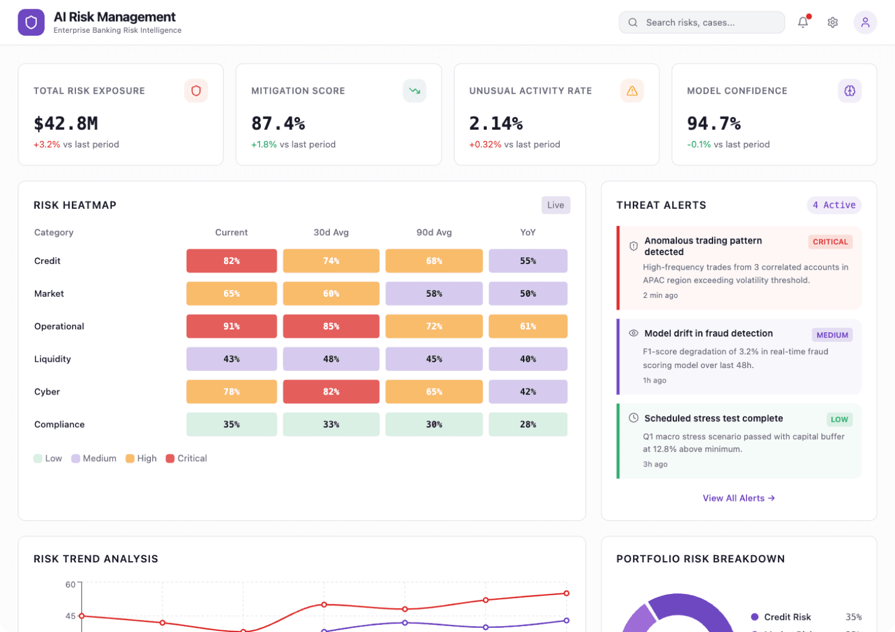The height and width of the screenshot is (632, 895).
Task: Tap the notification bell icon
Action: [803, 22]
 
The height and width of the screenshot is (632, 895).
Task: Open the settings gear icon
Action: [832, 22]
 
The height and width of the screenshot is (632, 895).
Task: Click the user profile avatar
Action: [865, 22]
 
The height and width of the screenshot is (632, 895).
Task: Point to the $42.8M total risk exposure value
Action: [66, 123]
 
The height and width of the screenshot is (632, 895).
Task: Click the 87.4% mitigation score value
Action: [278, 123]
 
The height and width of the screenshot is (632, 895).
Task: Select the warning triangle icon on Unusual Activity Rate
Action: [632, 91]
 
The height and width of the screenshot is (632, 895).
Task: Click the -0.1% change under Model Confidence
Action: [699, 145]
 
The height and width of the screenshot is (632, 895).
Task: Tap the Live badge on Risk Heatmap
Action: [555, 205]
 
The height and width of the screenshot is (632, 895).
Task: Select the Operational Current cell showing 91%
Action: [232, 326]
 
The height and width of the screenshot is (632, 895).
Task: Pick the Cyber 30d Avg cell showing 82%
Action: [331, 391]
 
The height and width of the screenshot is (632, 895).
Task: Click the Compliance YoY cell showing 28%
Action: [528, 424]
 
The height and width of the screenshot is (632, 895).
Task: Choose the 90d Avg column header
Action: [433, 232]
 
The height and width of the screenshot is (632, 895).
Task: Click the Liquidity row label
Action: [53, 359]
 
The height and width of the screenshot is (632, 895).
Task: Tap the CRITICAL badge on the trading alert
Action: [829, 242]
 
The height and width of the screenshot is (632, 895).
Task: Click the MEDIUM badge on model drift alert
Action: [832, 335]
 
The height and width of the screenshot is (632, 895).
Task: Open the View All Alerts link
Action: [738, 498]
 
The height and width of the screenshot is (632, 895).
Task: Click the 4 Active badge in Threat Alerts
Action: [834, 205]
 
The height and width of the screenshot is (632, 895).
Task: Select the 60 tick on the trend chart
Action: [70, 584]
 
